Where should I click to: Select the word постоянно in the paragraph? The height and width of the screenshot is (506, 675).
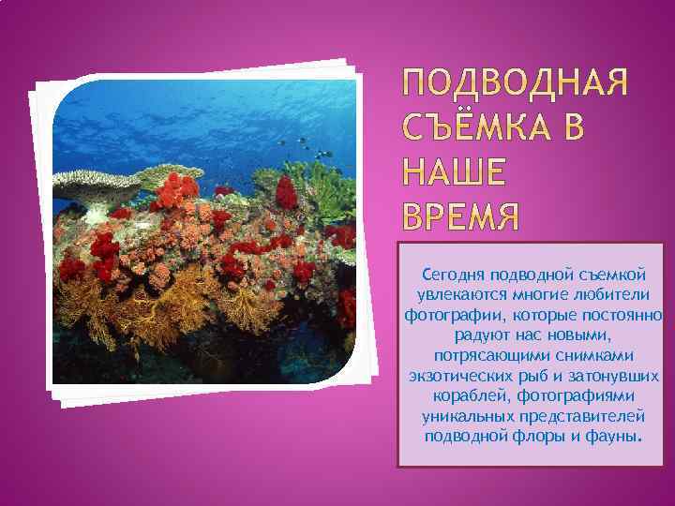[624, 315]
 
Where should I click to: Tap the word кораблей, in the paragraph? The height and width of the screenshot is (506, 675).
[460, 396]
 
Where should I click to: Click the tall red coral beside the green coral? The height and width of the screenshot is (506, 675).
[286, 192]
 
